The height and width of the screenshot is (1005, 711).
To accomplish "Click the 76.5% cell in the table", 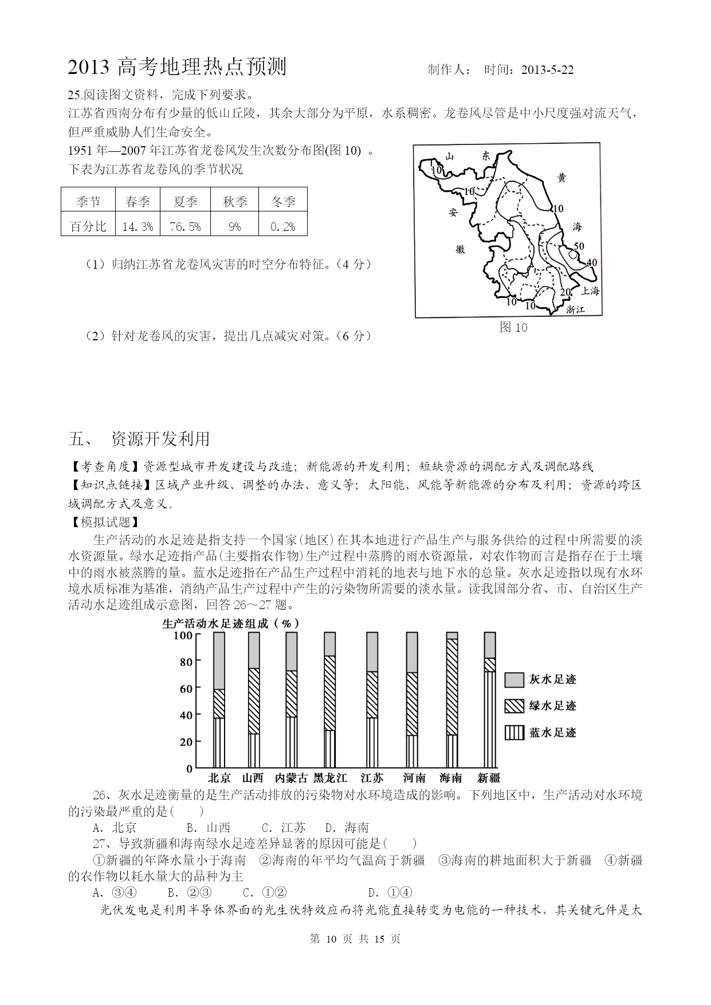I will coord(185,226).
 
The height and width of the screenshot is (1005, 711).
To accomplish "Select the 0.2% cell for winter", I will coord(282,226).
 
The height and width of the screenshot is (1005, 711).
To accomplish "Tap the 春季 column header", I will coord(138,201).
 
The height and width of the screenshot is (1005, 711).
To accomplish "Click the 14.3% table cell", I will coord(138,226).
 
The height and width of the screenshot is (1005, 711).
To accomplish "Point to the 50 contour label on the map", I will coord(579,246).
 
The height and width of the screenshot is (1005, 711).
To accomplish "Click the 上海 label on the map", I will coord(590,291).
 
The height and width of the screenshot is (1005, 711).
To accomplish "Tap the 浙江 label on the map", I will coord(575,309).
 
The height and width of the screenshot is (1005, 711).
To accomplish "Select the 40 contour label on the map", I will coord(592,262).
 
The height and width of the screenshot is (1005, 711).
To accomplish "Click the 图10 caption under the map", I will coord(513,328).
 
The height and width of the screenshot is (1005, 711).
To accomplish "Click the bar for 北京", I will coord(219,700).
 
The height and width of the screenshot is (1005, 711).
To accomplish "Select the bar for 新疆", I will coord(490,700).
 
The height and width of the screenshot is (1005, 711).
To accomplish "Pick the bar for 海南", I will coord(451,700).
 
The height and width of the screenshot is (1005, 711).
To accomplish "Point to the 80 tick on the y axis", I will coord(186,661).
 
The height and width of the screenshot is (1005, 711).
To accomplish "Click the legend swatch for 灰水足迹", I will coord(514,680).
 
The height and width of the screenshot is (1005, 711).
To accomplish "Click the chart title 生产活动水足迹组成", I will coord(231,623).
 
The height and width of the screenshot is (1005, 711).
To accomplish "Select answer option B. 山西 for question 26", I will coord(209,827).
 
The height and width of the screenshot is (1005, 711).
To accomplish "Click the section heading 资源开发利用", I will coord(160,439).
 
